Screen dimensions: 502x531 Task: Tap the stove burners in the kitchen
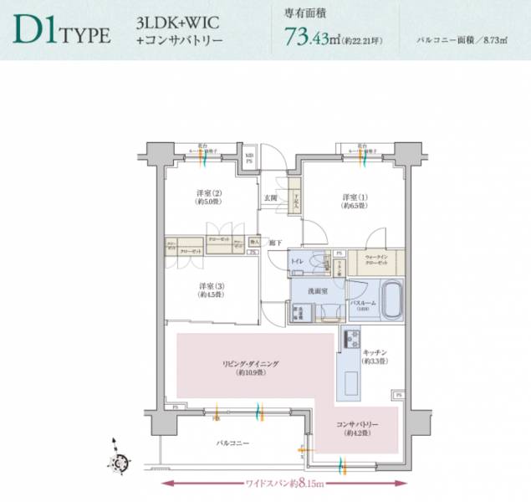[x=350, y=341]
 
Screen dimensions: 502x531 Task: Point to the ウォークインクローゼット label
[x=375, y=260]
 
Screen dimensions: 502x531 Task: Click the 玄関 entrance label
[x=271, y=197]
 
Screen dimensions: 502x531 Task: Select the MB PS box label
[x=250, y=157]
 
